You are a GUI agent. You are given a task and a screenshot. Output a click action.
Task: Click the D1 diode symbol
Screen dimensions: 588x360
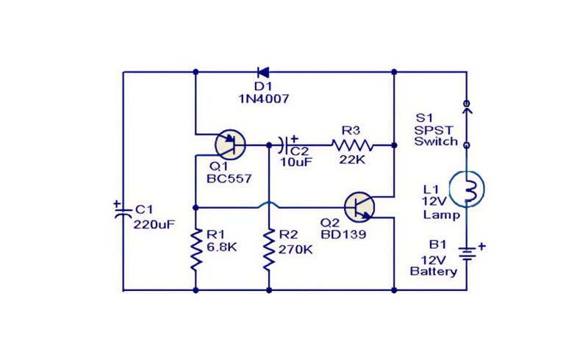tap(263, 72)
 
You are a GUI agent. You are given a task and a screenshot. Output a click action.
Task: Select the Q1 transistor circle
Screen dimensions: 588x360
tap(231, 145)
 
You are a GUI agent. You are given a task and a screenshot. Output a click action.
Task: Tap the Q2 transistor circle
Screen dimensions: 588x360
tap(359, 207)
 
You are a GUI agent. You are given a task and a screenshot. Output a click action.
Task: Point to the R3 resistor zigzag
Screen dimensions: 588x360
tap(352, 145)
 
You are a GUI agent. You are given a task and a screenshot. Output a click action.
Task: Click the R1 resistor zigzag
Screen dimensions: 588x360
tap(196, 249)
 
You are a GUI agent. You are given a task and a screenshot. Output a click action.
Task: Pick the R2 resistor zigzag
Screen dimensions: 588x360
tap(269, 249)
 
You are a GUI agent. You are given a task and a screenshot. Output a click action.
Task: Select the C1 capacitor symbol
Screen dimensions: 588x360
tap(123, 212)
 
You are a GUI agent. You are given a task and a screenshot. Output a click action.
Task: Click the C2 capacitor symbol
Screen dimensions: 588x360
tap(284, 145)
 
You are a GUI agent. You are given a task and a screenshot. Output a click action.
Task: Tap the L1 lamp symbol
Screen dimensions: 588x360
tap(467, 187)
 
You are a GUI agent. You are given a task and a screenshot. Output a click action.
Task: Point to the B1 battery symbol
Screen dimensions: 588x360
tap(467, 253)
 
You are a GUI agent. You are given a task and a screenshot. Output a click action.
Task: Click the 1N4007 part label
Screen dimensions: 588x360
tap(264, 99)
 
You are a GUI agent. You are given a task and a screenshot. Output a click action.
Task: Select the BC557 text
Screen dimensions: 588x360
tap(229, 179)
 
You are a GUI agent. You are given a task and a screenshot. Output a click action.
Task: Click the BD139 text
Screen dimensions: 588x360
tap(343, 234)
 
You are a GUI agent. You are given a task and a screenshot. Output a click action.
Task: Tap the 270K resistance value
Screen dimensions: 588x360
tap(295, 249)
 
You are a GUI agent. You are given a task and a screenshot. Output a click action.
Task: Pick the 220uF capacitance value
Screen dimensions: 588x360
tap(154, 224)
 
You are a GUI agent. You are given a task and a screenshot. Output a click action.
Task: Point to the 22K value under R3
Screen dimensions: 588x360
tap(352, 159)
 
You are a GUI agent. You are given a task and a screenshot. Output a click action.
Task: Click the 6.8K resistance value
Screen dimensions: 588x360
tap(222, 247)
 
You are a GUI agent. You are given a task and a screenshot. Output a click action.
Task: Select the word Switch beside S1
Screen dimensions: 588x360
tap(436, 141)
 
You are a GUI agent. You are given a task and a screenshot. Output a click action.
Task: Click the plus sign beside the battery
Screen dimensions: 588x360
tap(482, 246)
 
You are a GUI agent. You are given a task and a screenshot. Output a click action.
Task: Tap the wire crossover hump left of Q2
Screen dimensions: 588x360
tap(269, 204)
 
